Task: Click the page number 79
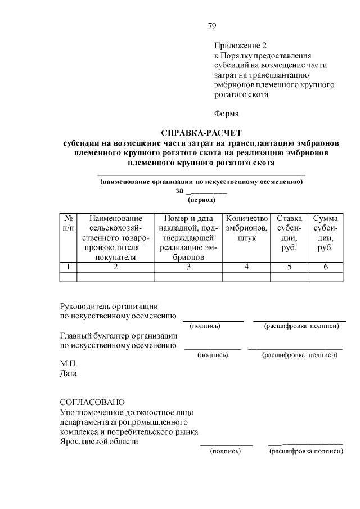pyautogui.click(x=211, y=26)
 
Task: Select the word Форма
pyautogui.click(x=226, y=114)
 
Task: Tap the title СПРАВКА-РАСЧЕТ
pyautogui.click(x=201, y=133)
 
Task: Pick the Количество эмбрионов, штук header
pyautogui.click(x=246, y=228)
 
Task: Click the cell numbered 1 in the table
pyautogui.click(x=67, y=267)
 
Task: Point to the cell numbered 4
pyautogui.click(x=246, y=267)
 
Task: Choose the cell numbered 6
pyautogui.click(x=325, y=267)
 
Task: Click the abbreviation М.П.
pyautogui.click(x=68, y=363)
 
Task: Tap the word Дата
pyautogui.click(x=69, y=373)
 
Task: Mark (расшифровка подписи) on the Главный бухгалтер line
pyautogui.click(x=300, y=355)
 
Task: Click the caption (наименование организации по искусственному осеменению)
pyautogui.click(x=201, y=182)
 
